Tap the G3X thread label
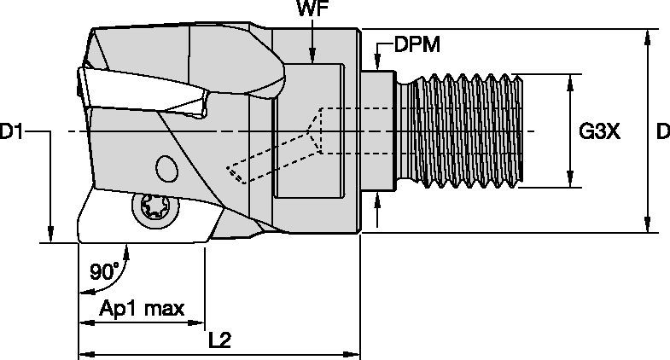pos(599,131)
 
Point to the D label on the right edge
pos(661,131)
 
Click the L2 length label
pos(221,340)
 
